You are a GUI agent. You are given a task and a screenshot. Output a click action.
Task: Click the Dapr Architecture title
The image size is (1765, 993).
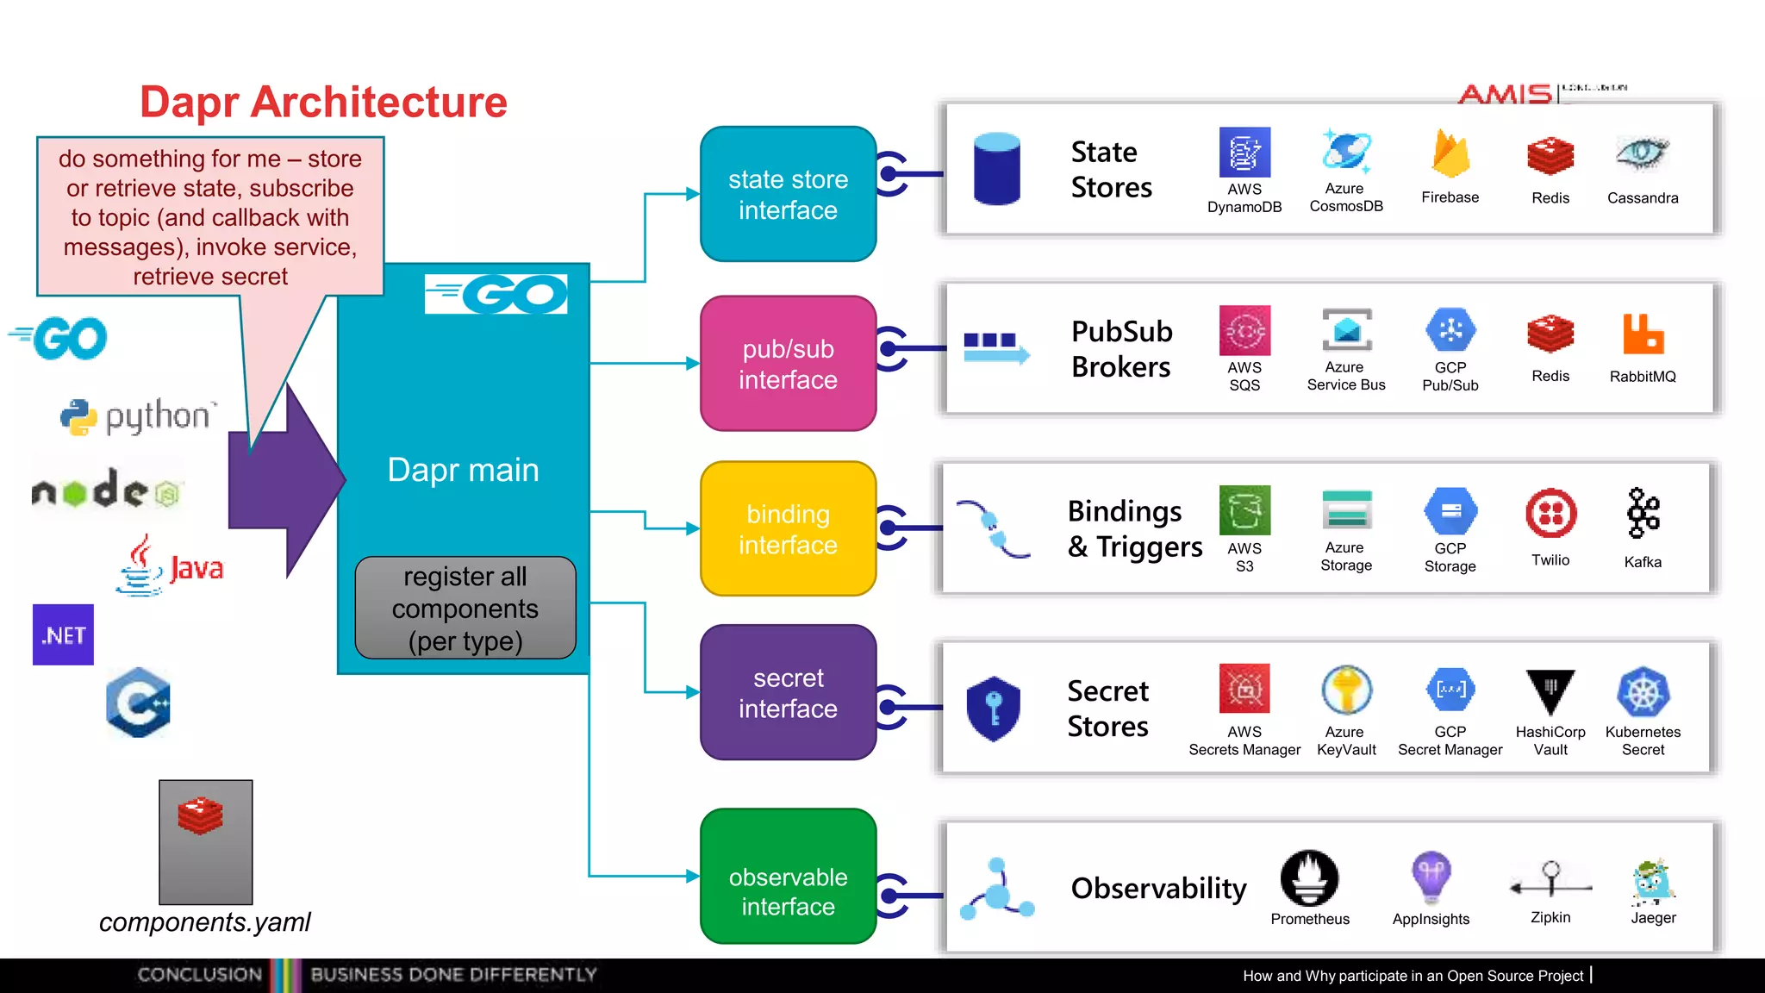click(323, 102)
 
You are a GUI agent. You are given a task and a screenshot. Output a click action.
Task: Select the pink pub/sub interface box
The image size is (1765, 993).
click(788, 364)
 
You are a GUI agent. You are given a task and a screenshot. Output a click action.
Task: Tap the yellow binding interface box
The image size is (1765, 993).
click(788, 528)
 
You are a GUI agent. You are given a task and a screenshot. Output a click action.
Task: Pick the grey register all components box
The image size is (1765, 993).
click(465, 609)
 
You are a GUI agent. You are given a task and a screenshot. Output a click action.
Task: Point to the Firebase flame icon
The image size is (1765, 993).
click(1450, 154)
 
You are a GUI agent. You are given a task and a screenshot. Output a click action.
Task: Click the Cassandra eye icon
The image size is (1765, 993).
click(1642, 153)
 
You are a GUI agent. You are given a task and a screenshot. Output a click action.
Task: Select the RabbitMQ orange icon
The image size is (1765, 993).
click(1643, 334)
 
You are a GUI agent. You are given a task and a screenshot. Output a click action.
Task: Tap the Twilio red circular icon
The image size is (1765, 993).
click(1550, 514)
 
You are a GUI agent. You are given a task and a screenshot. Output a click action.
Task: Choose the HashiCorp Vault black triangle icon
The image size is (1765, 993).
click(1550, 690)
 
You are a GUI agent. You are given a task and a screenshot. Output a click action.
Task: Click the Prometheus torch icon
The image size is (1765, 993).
click(1309, 878)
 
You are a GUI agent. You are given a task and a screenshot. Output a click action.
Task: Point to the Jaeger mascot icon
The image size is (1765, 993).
click(1652, 882)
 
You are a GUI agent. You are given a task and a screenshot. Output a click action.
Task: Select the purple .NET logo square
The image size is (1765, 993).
click(63, 635)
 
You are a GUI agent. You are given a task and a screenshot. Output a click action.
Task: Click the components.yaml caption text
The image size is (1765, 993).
click(204, 922)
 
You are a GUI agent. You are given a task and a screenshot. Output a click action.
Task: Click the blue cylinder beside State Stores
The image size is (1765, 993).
click(996, 169)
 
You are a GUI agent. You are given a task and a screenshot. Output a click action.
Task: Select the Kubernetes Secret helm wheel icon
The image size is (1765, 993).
click(1643, 692)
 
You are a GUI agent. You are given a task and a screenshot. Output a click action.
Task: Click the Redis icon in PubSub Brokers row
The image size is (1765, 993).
click(1550, 334)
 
